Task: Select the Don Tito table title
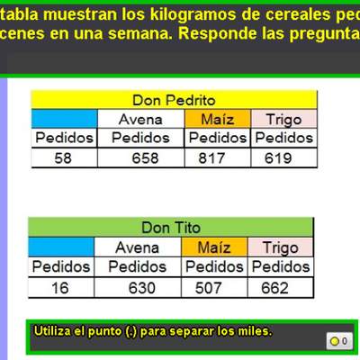pyautogui.click(x=170, y=228)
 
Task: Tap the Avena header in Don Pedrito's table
pyautogui.click(x=140, y=119)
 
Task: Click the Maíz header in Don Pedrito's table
pyautogui.click(x=218, y=119)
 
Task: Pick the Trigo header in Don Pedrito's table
pyautogui.click(x=283, y=119)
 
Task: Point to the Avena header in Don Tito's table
pyautogui.click(x=137, y=247)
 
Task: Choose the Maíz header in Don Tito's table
pyautogui.click(x=213, y=247)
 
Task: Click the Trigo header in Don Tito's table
pyautogui.click(x=279, y=247)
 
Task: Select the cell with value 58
pyautogui.click(x=62, y=158)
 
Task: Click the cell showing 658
pyautogui.click(x=140, y=158)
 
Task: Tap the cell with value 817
pyautogui.click(x=218, y=158)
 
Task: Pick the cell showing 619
pyautogui.click(x=283, y=158)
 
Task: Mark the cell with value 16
pyautogui.click(x=60, y=288)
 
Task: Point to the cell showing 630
pyautogui.click(x=137, y=288)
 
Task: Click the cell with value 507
pyautogui.click(x=213, y=288)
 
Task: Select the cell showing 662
pyautogui.click(x=279, y=288)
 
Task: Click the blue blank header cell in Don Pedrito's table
pyautogui.click(x=62, y=119)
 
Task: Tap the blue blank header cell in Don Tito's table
pyautogui.click(x=60, y=247)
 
